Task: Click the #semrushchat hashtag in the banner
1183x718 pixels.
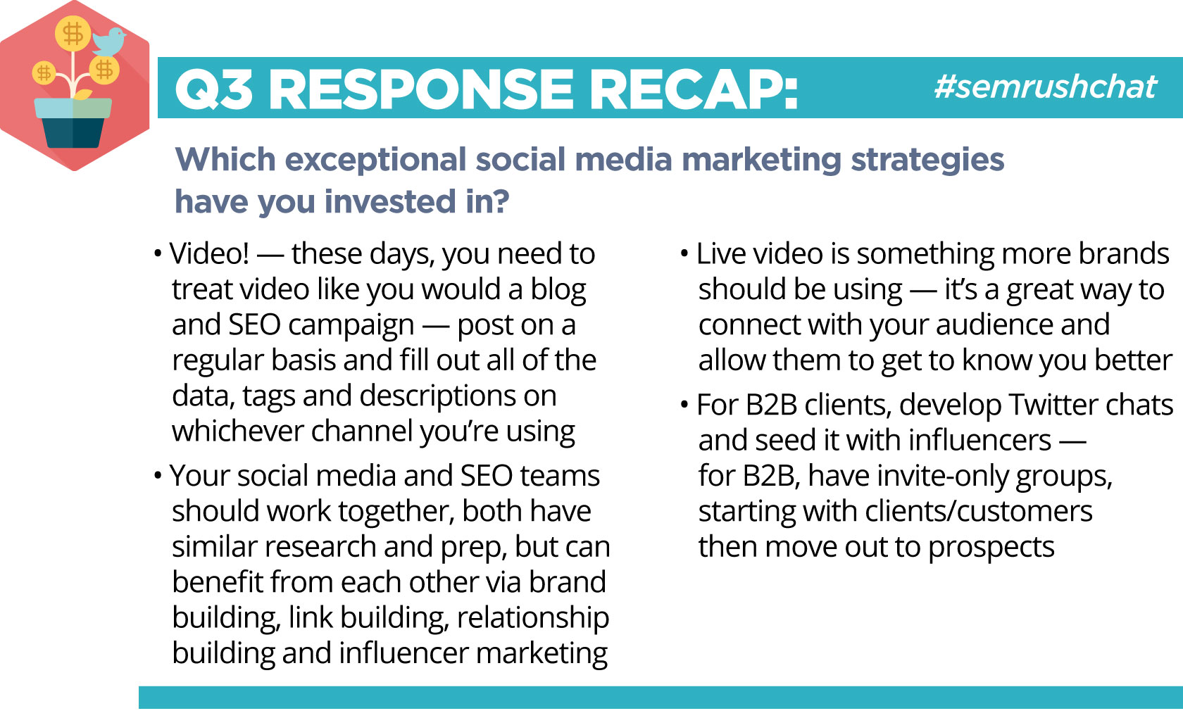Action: click(1045, 87)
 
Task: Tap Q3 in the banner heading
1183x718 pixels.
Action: click(213, 90)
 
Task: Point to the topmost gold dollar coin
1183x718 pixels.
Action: click(73, 34)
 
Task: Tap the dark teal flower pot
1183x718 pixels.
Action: click(73, 132)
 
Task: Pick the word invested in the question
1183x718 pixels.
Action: click(390, 201)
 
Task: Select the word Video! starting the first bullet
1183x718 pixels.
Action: click(209, 253)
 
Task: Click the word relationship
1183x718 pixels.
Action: click(533, 619)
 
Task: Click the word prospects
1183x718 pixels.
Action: click(991, 548)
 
